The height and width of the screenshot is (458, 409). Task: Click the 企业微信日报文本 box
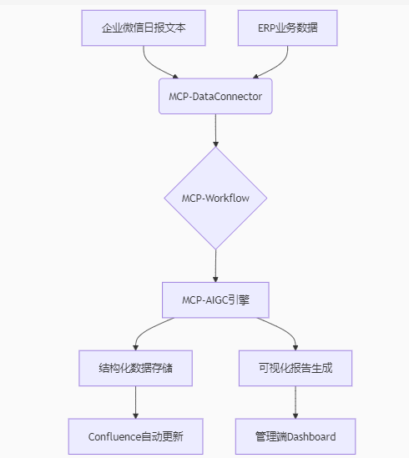(144, 28)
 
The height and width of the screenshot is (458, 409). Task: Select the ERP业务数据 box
(288, 28)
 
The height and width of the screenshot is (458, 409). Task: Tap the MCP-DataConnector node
(215, 96)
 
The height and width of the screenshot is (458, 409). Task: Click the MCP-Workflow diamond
(215, 198)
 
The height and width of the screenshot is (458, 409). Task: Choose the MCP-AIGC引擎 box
(215, 300)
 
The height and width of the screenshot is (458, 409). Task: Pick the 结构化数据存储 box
(136, 368)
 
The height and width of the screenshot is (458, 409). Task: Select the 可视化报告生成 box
(295, 368)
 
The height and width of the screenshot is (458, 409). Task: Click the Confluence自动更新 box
(136, 436)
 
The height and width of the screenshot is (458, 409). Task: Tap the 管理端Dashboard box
(295, 436)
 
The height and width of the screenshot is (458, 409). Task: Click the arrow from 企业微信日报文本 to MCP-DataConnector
(154, 67)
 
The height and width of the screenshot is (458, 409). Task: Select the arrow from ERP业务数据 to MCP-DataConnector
(276, 67)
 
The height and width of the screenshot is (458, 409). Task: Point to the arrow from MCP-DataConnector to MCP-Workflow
(215, 130)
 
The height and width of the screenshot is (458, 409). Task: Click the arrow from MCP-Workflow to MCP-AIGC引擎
(215, 266)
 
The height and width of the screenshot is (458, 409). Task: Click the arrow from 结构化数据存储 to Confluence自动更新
(136, 402)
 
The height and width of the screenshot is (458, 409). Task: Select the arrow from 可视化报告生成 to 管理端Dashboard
(295, 402)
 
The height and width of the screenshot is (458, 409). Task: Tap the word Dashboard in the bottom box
(311, 436)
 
